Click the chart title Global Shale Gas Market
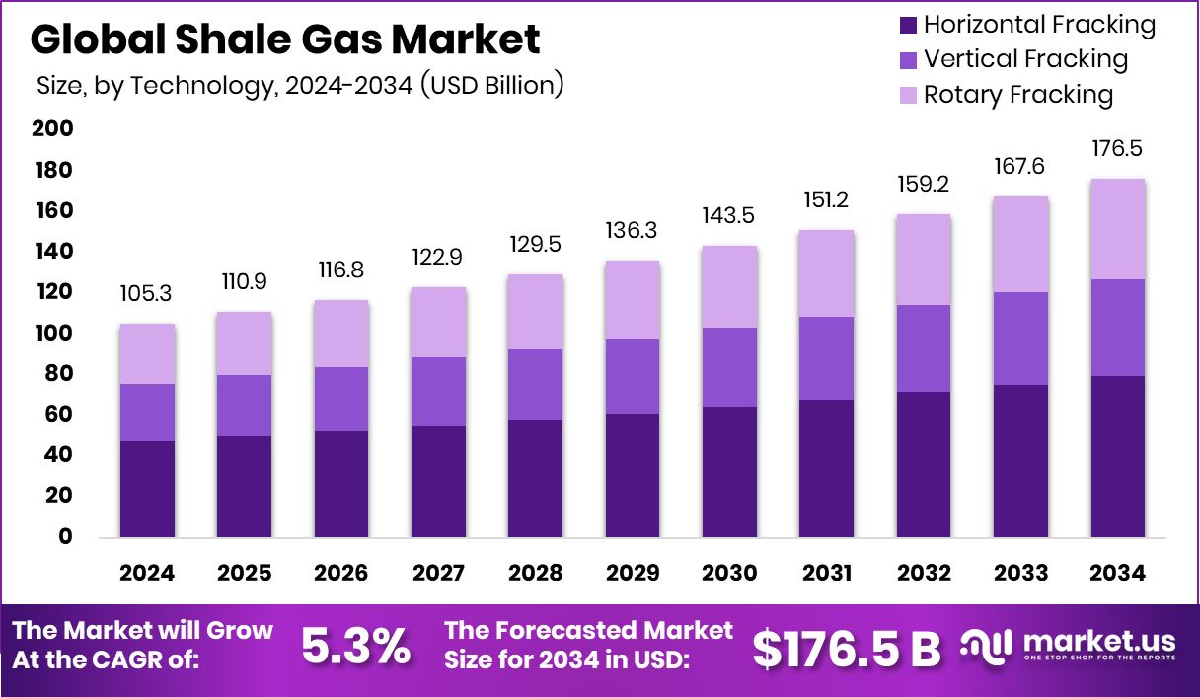[x=285, y=39]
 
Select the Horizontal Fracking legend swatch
[x=909, y=25]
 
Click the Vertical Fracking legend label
[x=1025, y=59]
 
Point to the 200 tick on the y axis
[x=52, y=128]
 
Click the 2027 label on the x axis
[x=438, y=574]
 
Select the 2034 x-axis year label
[x=1117, y=574]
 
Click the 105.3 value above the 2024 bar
[x=148, y=294]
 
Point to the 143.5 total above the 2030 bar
[x=729, y=216]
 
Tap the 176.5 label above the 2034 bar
[x=1117, y=149]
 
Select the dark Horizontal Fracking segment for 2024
[x=148, y=489]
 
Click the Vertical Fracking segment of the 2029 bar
[x=633, y=376]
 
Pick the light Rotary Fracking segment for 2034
[x=1117, y=229]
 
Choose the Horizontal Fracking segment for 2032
[x=924, y=464]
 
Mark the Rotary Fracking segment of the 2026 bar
[x=341, y=334]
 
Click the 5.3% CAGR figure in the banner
[x=355, y=647]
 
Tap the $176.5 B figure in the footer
[x=847, y=648]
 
